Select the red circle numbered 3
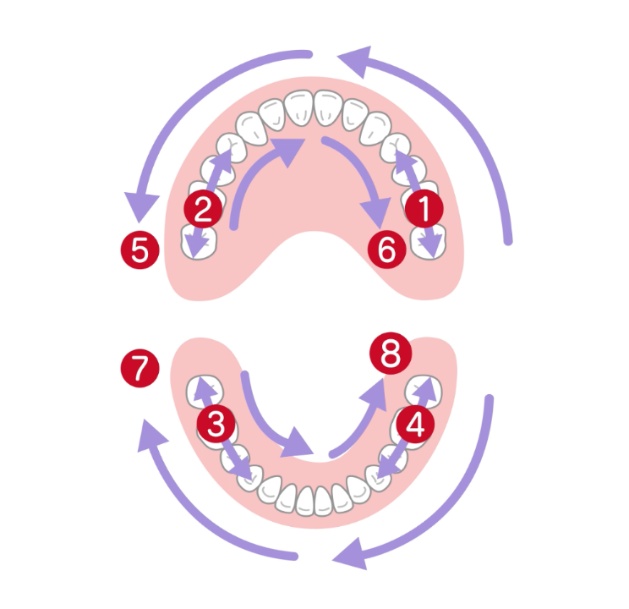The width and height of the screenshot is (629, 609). (216, 423)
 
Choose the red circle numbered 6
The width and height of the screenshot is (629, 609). (386, 250)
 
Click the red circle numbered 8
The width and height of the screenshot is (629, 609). (390, 355)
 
